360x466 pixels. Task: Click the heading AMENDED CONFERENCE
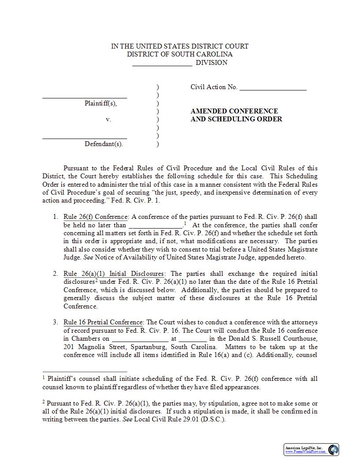(x=234, y=111)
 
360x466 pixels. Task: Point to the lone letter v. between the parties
(x=108, y=120)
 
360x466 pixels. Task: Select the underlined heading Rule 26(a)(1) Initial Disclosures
(x=113, y=274)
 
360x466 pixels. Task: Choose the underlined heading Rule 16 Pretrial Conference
(x=103, y=323)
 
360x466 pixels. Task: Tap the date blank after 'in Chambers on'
(x=140, y=339)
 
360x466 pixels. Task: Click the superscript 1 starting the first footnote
(x=44, y=377)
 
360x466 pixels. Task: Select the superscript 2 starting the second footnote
(x=44, y=402)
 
